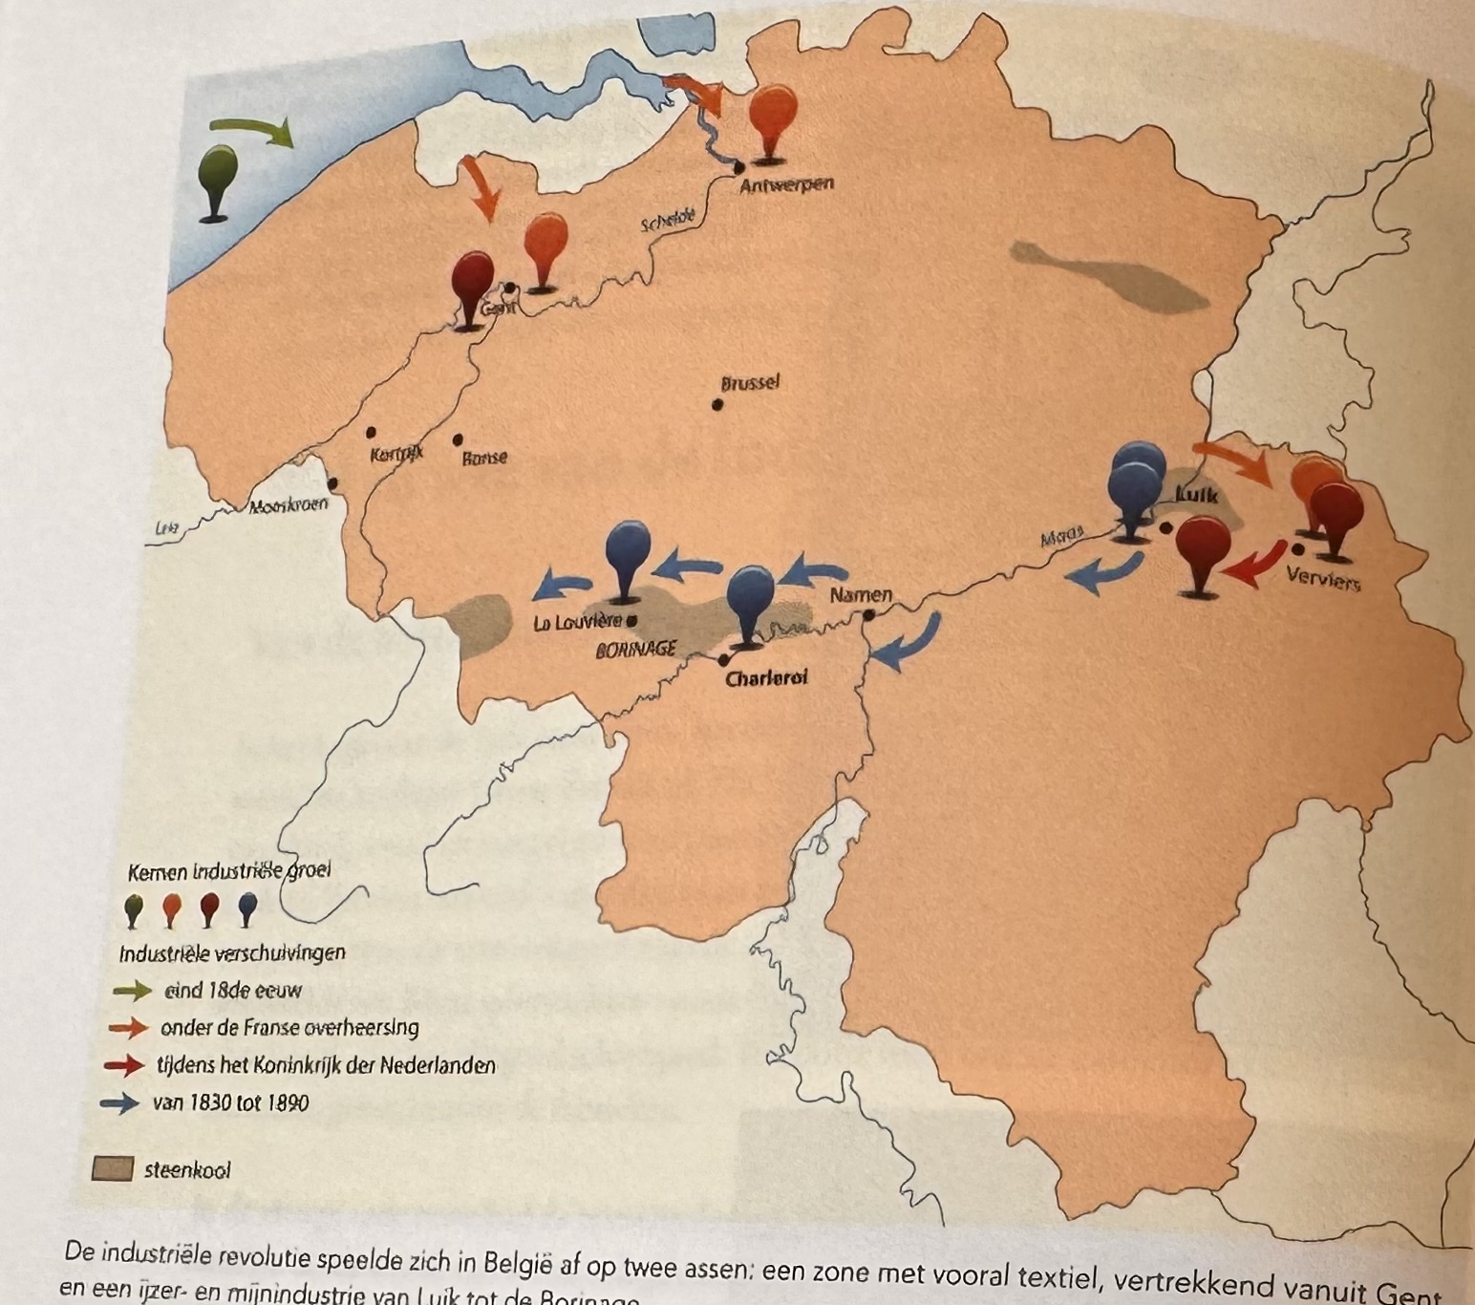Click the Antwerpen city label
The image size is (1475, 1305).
(786, 184)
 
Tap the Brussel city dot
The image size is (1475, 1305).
(716, 404)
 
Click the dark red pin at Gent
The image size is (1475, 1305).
(472, 285)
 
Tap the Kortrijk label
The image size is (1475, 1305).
(396, 454)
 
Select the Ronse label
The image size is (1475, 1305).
(484, 458)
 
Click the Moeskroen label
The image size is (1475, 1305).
(288, 506)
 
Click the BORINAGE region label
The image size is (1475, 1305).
(636, 650)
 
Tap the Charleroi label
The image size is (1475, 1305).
(766, 677)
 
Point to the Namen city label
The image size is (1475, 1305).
(860, 595)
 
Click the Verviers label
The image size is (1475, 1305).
(1323, 578)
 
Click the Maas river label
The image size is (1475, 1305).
(1061, 538)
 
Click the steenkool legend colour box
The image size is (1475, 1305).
(112, 1169)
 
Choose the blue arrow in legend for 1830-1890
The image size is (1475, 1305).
(119, 1103)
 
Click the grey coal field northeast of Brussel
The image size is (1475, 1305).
(1108, 277)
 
